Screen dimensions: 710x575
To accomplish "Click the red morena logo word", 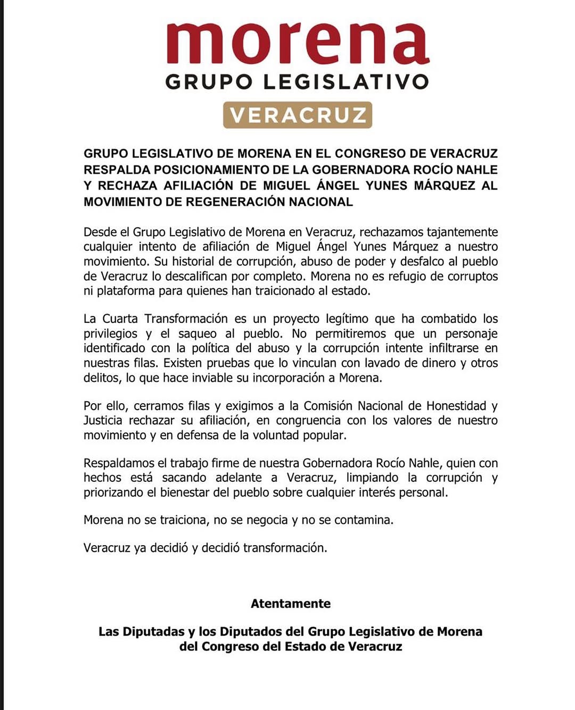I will pos(298,43).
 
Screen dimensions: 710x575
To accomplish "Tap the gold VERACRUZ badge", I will pos(298,115).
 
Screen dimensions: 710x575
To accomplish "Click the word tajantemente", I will pos(462,232).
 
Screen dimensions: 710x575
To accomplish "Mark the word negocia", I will pos(265,520).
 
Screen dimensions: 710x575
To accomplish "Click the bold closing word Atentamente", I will pos(291,604).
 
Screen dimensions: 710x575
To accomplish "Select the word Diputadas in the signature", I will pos(153,632).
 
